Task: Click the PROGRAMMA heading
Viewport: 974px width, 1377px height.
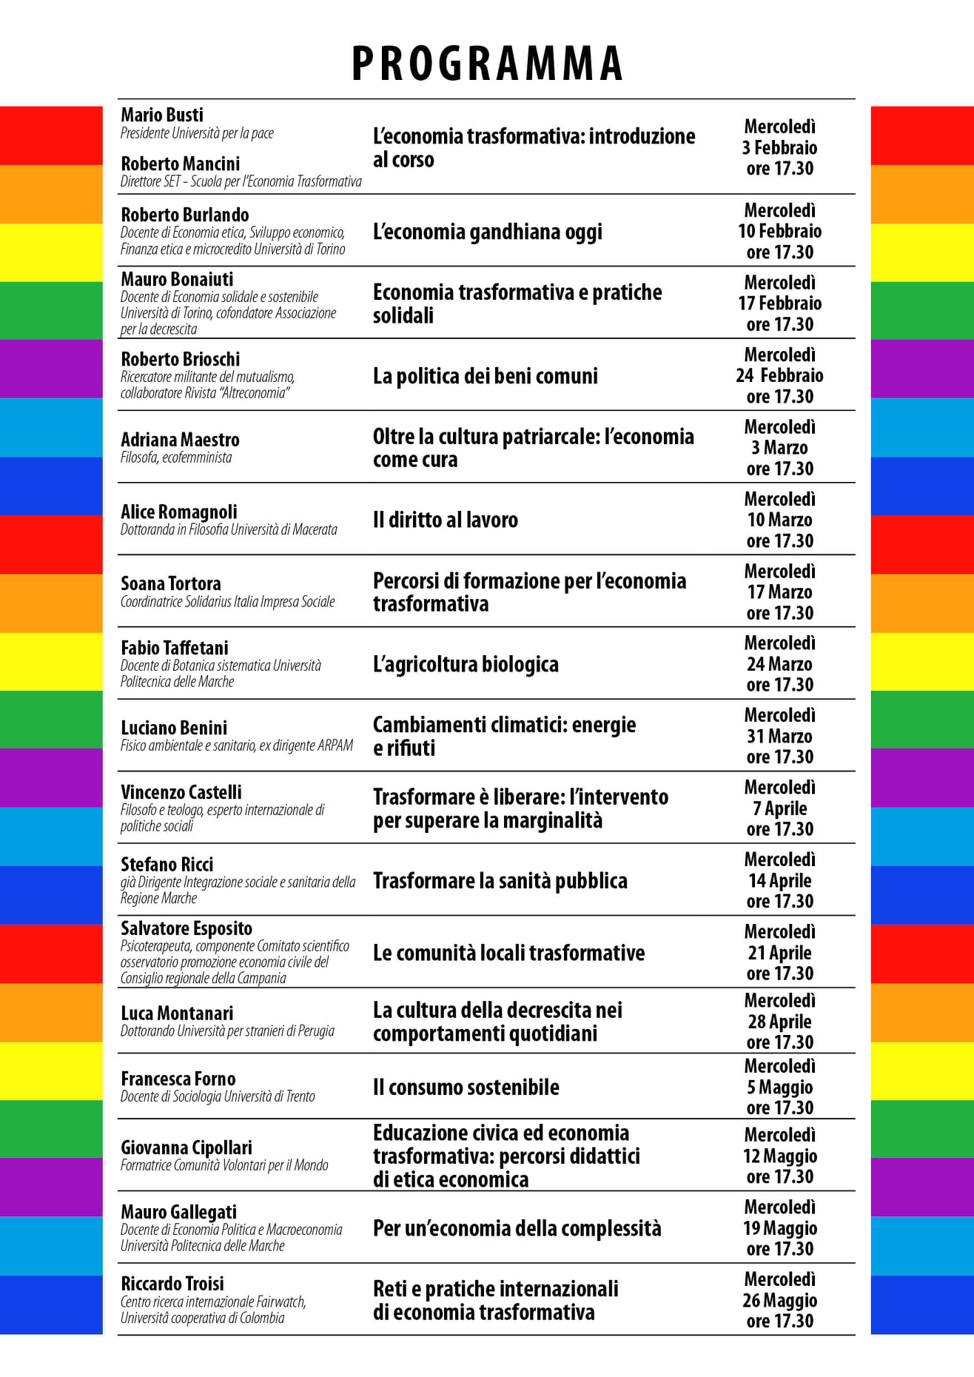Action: click(x=487, y=64)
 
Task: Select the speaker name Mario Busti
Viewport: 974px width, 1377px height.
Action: click(x=162, y=115)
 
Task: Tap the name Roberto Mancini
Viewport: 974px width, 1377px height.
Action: click(x=181, y=164)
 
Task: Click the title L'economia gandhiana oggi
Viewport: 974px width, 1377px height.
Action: click(x=488, y=232)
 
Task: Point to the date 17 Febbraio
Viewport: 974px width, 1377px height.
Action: click(x=780, y=304)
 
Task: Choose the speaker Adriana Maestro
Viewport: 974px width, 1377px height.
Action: click(x=181, y=440)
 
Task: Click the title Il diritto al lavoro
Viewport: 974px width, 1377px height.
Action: click(x=446, y=520)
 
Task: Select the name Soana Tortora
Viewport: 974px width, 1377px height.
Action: click(x=171, y=583)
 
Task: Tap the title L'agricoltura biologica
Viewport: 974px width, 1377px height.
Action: click(x=466, y=664)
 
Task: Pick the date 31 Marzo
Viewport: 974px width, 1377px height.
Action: click(x=780, y=737)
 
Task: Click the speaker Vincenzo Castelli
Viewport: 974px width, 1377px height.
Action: click(x=181, y=792)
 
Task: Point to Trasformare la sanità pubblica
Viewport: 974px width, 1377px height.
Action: click(x=500, y=881)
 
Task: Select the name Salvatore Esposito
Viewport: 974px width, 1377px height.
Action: click(x=187, y=928)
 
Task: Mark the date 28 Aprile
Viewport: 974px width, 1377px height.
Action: click(x=780, y=1022)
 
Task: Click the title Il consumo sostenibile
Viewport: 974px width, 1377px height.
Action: click(x=466, y=1088)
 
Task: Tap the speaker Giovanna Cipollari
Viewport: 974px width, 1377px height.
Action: click(x=187, y=1147)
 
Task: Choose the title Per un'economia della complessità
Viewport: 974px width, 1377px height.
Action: click(x=517, y=1228)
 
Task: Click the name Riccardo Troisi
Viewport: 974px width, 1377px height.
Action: click(x=172, y=1284)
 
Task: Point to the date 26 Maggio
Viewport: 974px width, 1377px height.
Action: click(x=780, y=1301)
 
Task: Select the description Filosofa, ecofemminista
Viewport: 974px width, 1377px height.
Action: click(x=176, y=458)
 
